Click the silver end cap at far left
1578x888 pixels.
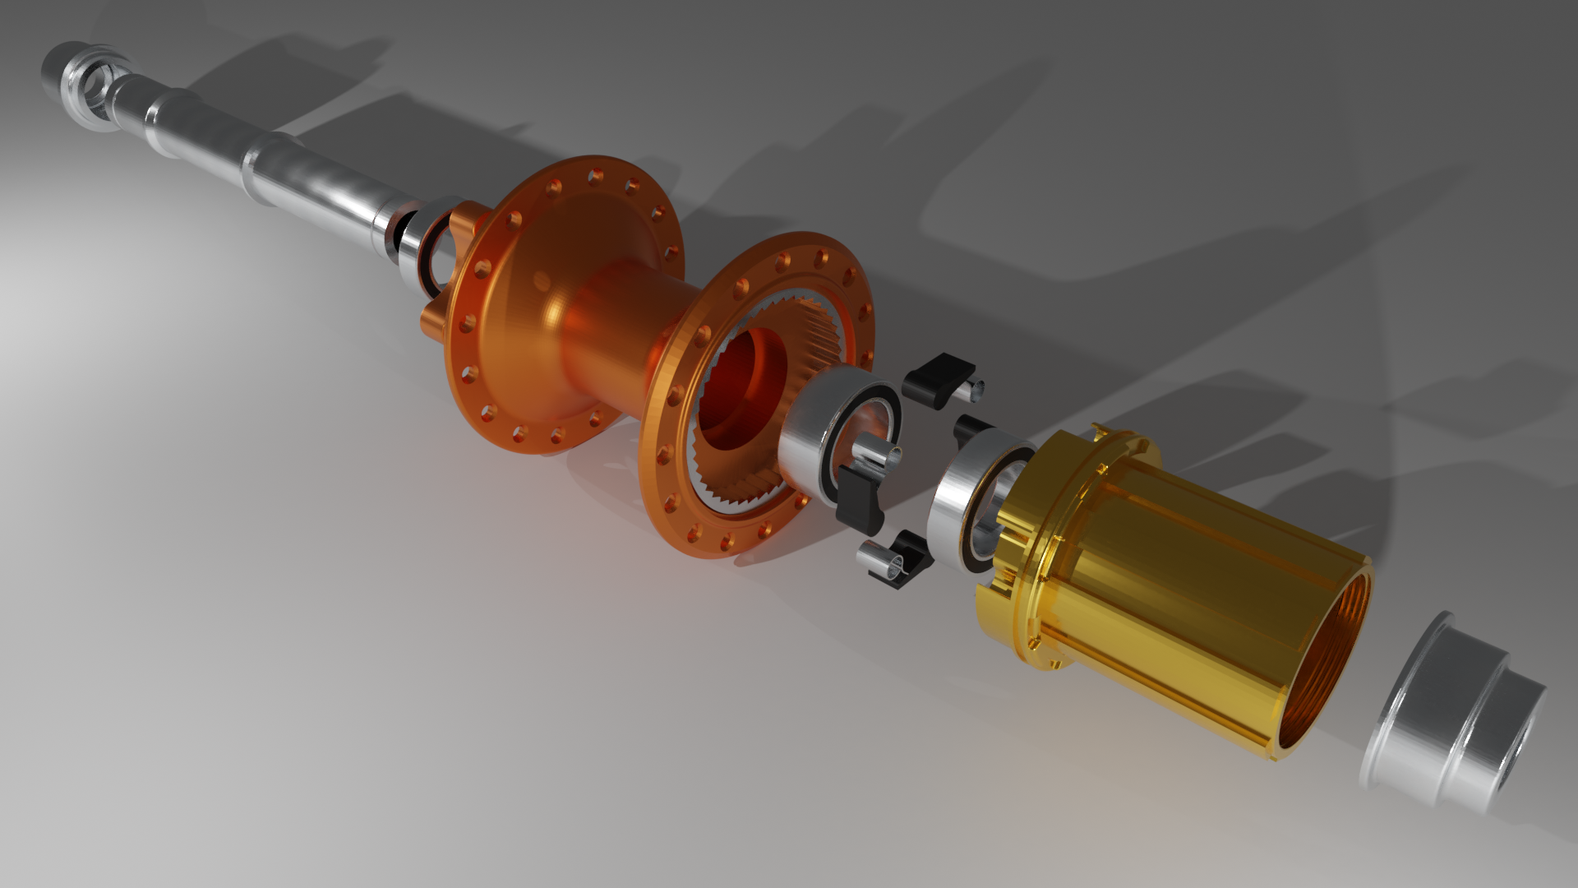[78, 82]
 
